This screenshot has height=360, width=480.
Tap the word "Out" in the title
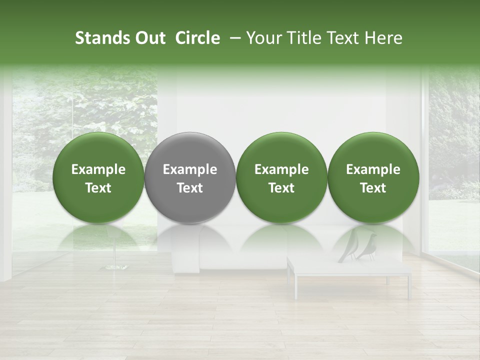tap(148, 38)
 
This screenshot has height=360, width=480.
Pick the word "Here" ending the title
tap(384, 38)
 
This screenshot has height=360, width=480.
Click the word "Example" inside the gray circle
tap(190, 169)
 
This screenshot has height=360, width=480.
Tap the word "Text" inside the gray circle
tap(190, 188)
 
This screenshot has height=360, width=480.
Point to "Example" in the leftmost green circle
tap(98, 169)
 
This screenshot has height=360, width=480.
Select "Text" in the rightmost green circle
tap(373, 188)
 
